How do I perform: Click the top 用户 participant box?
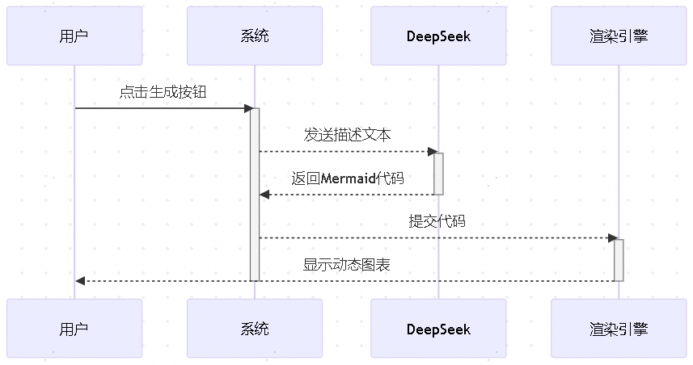[74, 36]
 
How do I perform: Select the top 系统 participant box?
[255, 36]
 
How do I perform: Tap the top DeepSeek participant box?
[438, 36]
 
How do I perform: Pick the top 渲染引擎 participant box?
[619, 36]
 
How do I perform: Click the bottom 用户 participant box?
[74, 329]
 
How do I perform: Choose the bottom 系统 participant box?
[255, 329]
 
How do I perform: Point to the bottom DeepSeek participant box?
[438, 329]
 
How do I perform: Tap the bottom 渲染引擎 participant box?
[619, 329]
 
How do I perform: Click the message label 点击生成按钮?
[163, 92]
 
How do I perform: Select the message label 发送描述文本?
[347, 135]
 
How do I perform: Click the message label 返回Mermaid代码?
[347, 178]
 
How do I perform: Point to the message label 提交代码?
[437, 221]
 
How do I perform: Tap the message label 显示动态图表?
[347, 264]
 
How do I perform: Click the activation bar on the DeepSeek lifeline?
[438, 173]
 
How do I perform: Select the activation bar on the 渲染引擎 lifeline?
[619, 259]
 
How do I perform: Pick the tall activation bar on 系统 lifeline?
[255, 194]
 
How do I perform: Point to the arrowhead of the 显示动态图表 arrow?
[80, 280]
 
